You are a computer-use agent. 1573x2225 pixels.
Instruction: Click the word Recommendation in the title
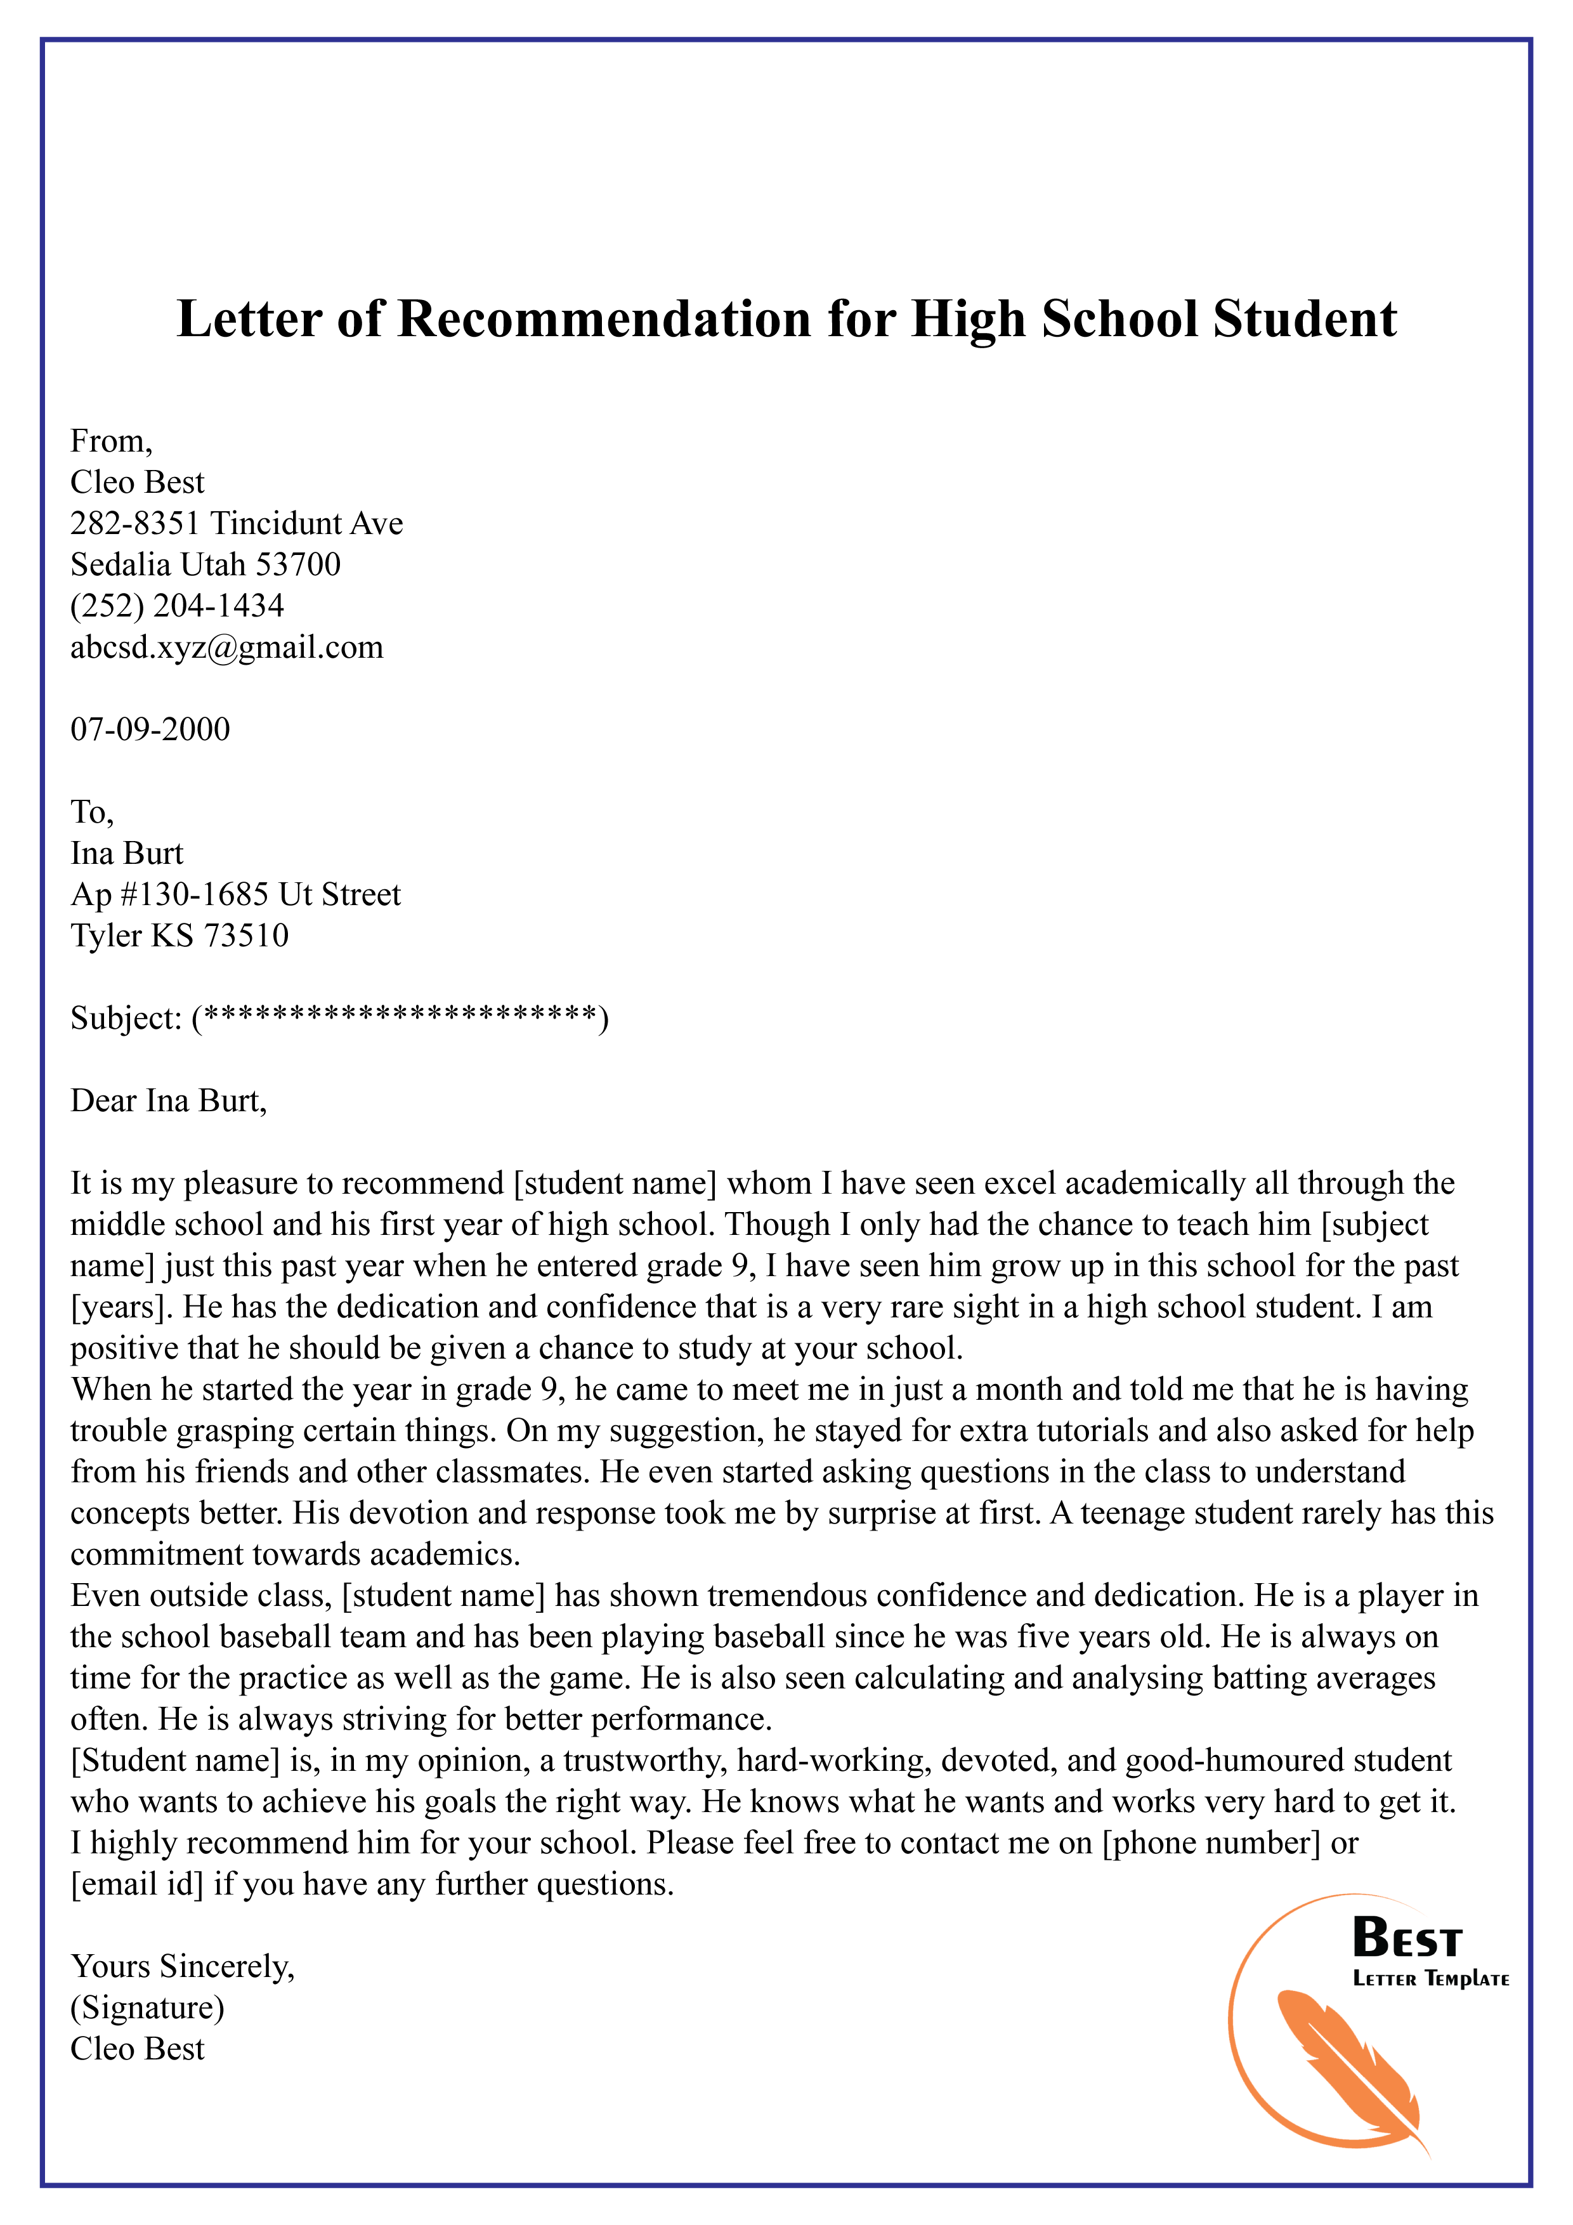[604, 319]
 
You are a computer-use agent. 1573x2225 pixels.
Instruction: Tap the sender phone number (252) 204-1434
[178, 606]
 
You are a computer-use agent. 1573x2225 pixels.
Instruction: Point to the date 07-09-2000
[150, 729]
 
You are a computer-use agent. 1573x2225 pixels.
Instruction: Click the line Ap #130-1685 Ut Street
[235, 894]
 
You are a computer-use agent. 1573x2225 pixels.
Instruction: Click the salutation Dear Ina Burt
[167, 1101]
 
